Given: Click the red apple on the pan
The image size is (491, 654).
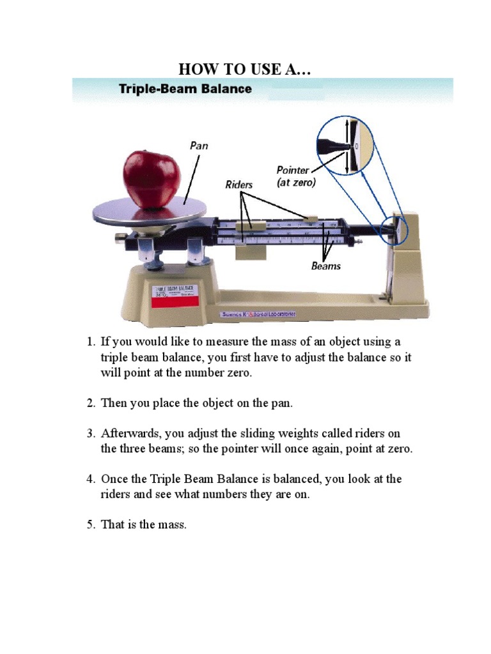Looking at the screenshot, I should (x=152, y=179).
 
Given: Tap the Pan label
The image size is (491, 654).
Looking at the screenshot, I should (x=199, y=146).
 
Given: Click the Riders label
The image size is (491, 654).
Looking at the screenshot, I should (x=239, y=185).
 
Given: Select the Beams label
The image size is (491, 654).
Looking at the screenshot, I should (x=326, y=266).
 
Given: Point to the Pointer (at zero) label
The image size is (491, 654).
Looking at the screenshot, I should (x=296, y=176).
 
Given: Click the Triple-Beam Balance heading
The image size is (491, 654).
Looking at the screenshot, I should (x=185, y=89).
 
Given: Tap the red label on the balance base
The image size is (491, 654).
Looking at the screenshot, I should (x=175, y=293).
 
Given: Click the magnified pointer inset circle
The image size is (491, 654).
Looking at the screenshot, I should (x=347, y=146).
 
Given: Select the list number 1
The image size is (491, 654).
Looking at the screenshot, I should (x=91, y=342).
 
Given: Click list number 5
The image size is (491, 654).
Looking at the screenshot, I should (x=91, y=525).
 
